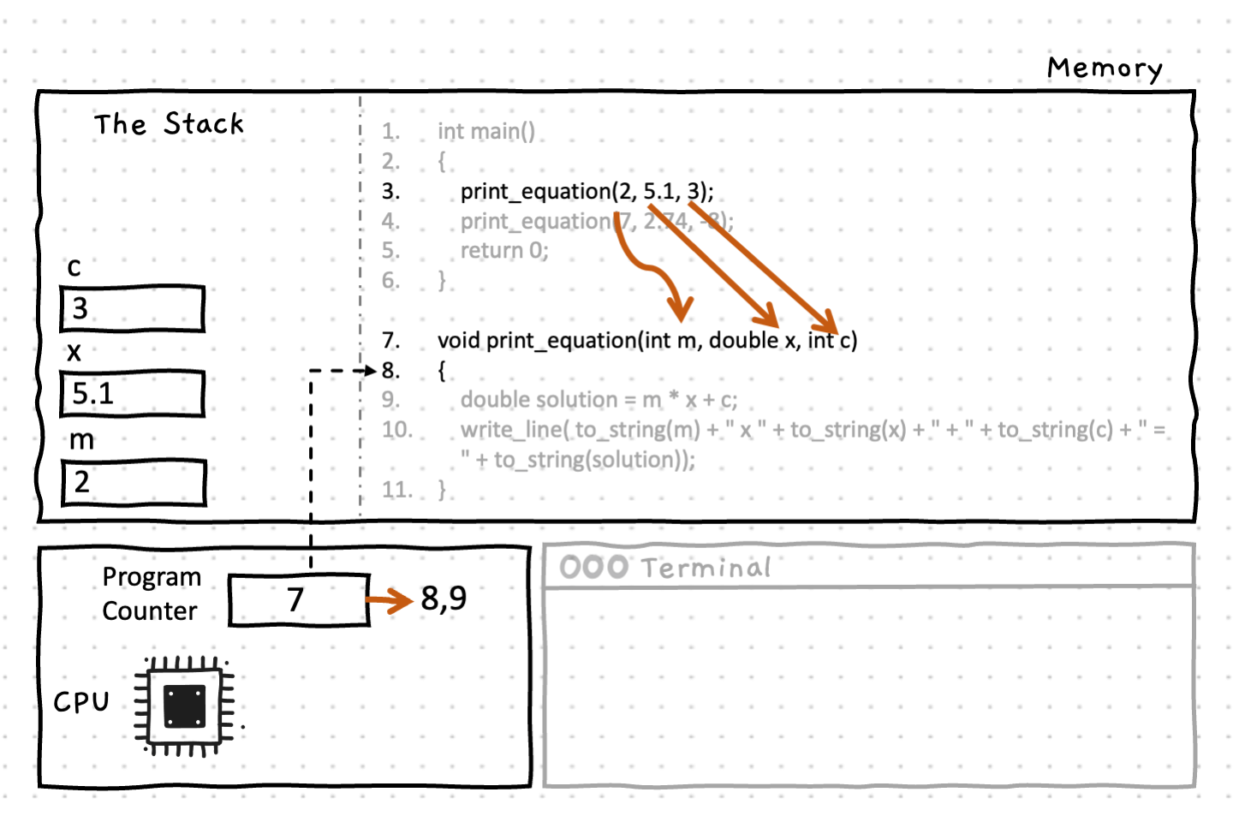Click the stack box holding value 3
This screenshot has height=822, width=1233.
point(132,308)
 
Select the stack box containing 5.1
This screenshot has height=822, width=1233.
point(132,394)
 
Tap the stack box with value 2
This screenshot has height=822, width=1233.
point(134,482)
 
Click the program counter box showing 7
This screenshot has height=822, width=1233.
point(298,599)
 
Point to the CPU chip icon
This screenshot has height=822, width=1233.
point(184,706)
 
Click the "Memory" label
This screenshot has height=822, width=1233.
point(1105,68)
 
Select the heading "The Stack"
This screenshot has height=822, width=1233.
point(169,124)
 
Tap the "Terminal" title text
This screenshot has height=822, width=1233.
point(706,568)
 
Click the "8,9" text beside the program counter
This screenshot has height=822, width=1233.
point(444,599)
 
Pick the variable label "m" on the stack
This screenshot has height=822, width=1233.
point(81,440)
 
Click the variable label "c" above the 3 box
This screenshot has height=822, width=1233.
point(74,267)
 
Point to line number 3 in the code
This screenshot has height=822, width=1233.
point(390,191)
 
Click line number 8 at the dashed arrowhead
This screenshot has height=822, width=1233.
point(390,371)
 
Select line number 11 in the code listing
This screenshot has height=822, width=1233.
point(396,490)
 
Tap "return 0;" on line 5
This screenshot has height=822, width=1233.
point(504,251)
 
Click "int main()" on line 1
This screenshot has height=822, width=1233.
point(485,132)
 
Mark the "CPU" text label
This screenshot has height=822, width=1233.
point(81,702)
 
